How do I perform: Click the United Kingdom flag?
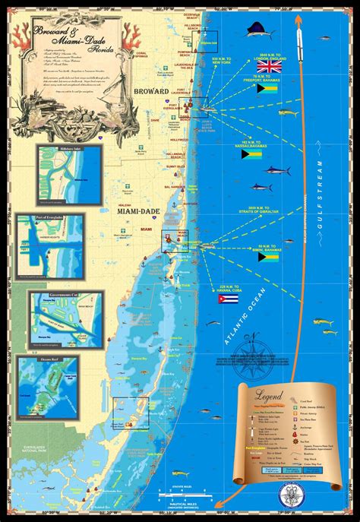pos(270,67)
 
